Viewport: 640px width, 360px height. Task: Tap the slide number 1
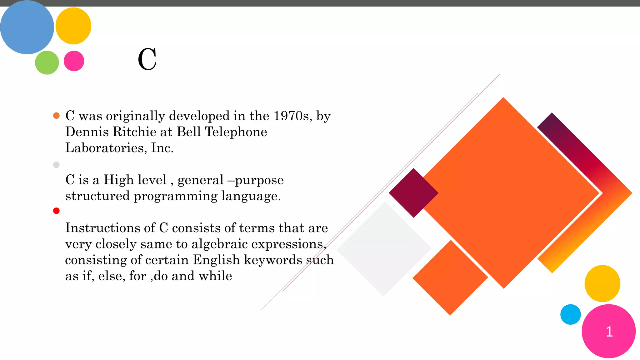(x=609, y=332)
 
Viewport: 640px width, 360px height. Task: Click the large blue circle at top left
(x=27, y=27)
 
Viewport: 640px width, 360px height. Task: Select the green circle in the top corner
(x=47, y=62)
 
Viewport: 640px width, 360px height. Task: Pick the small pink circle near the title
(x=74, y=61)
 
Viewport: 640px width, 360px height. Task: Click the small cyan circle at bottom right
(x=570, y=314)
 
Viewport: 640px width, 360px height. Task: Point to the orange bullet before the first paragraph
(x=56, y=116)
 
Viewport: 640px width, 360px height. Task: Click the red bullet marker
(x=56, y=211)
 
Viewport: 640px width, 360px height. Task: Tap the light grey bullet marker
(x=56, y=165)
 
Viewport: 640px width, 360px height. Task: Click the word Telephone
(x=236, y=132)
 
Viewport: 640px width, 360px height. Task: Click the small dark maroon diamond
(x=413, y=193)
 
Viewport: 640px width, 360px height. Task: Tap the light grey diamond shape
(x=384, y=249)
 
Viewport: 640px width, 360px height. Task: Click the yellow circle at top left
(x=73, y=26)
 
